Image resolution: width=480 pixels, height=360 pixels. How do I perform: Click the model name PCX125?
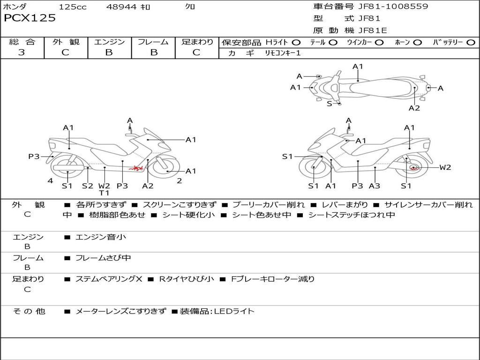click(x=30, y=18)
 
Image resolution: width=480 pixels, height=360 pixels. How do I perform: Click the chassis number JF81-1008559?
click(x=386, y=7)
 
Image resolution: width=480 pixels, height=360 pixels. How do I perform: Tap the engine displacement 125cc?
click(x=73, y=7)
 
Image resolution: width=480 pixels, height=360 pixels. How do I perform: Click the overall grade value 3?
click(x=22, y=52)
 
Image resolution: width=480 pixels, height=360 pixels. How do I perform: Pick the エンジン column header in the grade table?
click(x=109, y=42)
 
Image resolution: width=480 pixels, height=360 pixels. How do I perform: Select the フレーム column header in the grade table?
click(x=153, y=42)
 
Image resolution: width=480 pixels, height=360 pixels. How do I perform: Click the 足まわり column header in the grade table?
click(x=197, y=42)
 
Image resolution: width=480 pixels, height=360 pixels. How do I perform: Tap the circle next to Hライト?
click(x=296, y=43)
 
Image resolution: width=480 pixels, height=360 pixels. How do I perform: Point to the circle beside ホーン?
click(x=417, y=43)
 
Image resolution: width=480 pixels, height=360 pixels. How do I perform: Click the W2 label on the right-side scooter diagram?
click(x=445, y=167)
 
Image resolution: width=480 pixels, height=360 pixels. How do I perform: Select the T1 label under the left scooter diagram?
click(x=104, y=193)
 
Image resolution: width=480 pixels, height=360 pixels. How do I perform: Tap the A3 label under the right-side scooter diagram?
click(x=374, y=186)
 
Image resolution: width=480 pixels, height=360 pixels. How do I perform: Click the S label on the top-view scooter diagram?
click(x=330, y=104)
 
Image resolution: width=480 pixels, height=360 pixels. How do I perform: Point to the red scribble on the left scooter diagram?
click(x=136, y=167)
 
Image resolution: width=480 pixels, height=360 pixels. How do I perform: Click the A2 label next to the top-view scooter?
click(x=414, y=108)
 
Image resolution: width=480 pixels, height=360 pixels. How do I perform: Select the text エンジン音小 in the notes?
click(x=101, y=237)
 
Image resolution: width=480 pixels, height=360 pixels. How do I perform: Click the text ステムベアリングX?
click(x=109, y=279)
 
